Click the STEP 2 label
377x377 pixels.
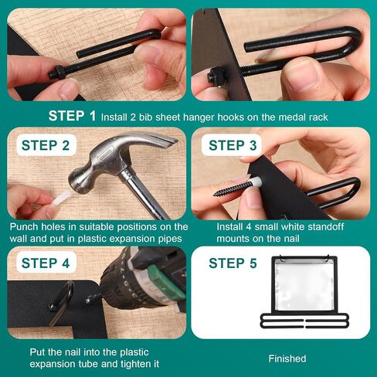46,145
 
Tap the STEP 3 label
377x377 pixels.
233,145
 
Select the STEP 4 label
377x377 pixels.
46,263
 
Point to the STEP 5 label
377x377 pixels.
233,263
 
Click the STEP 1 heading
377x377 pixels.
72,116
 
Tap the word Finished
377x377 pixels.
287,358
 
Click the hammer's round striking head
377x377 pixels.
79,180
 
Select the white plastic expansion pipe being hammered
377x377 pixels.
61,198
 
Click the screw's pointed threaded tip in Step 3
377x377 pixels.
218,193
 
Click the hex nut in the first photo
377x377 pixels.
61,72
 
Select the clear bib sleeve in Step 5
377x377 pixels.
304,285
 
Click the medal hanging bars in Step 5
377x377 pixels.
304,321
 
